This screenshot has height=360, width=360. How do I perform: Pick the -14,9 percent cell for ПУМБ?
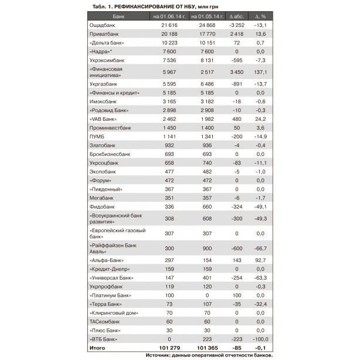coord(260,137)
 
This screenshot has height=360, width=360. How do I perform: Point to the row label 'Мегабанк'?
coord(101,198)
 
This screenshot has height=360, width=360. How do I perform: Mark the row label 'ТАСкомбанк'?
coord(104,322)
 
